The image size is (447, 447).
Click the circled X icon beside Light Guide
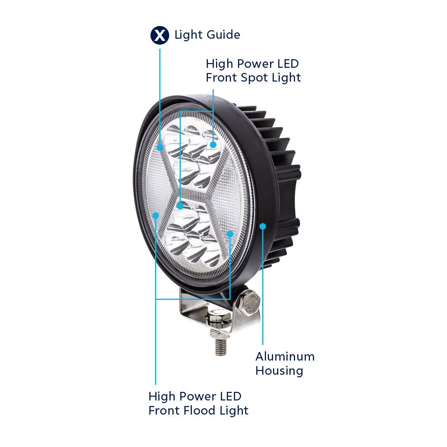[160, 35]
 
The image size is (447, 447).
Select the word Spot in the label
[254, 78]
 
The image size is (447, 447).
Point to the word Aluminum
[285, 356]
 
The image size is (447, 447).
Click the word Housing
[279, 371]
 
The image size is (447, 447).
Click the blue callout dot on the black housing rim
[263, 226]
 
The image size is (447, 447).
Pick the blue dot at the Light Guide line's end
[160, 148]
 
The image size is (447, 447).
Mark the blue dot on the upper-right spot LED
[213, 145]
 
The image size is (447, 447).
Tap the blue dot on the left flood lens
[156, 215]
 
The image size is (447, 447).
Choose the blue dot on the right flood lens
[230, 234]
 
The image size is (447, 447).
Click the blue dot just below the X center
[180, 206]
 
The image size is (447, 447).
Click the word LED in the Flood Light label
[231, 396]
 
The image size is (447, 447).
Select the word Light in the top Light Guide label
[188, 35]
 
